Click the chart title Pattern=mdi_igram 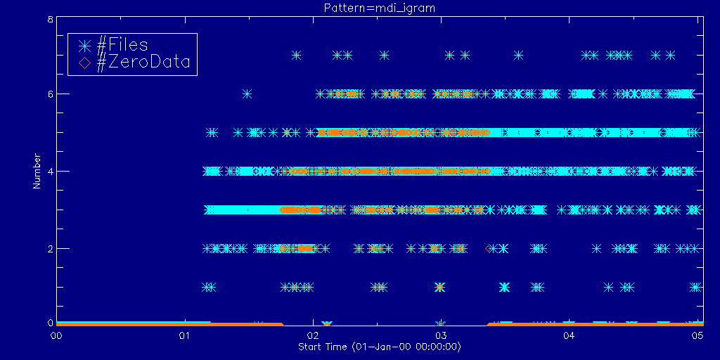(x=359, y=8)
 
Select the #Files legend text (x=122, y=45)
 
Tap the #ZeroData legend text (x=143, y=63)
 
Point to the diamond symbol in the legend (x=84, y=63)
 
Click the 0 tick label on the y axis (x=49, y=323)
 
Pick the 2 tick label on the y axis (x=49, y=248)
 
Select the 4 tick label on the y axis (x=49, y=171)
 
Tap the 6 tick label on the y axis (x=49, y=94)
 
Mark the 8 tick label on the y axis (x=49, y=20)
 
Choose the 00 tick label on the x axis (x=56, y=335)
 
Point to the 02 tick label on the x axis (x=312, y=335)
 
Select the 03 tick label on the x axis (x=440, y=335)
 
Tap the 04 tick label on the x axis (x=568, y=335)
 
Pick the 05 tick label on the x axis (x=696, y=335)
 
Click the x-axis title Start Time (x=379, y=347)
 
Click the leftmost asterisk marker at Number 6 (x=247, y=94)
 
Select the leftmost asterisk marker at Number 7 (x=296, y=55)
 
